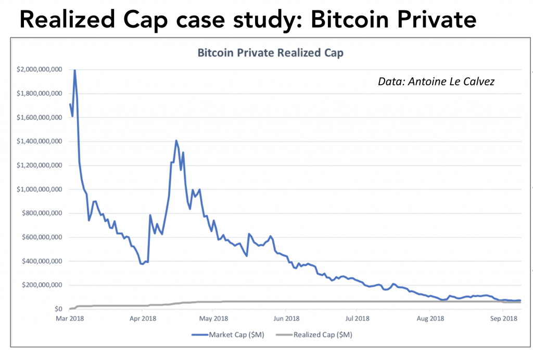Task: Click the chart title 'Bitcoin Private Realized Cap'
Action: (270, 53)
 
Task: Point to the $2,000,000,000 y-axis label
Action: (40, 69)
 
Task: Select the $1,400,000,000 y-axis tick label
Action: (40, 141)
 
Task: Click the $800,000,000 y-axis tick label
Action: (43, 213)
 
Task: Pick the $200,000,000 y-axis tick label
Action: (43, 285)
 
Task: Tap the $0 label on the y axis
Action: (58, 309)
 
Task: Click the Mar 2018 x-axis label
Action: (69, 318)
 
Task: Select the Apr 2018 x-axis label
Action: (142, 318)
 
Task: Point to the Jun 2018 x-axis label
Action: (286, 318)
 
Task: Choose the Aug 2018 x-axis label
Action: (430, 318)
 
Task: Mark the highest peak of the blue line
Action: (74, 70)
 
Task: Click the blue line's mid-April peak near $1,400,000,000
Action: (176, 140)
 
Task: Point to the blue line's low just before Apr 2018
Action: (142, 264)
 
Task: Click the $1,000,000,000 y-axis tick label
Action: (40, 189)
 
